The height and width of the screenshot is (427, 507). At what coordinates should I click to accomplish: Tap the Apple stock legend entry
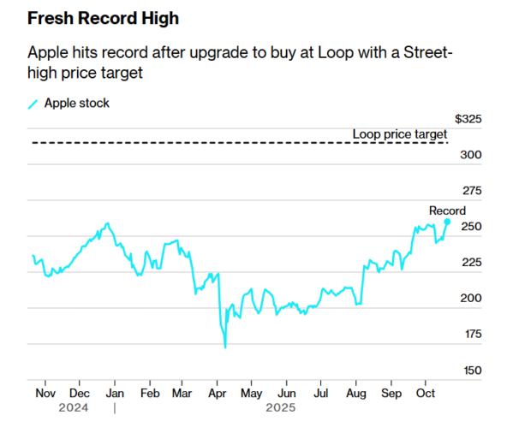75,104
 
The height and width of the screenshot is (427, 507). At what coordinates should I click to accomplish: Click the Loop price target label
399,134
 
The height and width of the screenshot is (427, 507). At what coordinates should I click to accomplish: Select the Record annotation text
447,211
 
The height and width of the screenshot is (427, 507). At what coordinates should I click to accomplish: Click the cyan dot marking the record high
447,222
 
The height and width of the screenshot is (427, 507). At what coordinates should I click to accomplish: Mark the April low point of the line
225,347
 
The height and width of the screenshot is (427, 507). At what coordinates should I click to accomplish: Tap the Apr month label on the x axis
216,393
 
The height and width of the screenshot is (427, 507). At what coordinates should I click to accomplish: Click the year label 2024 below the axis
74,408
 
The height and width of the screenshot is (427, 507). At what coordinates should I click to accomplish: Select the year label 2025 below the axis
281,408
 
